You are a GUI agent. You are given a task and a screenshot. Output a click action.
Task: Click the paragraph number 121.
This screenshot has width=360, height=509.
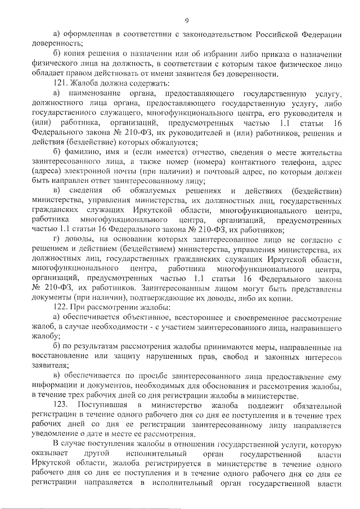click(60, 82)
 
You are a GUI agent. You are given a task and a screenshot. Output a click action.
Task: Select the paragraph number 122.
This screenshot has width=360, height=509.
click(60, 307)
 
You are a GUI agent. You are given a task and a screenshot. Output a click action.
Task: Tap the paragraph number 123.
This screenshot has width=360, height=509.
click(60, 406)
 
